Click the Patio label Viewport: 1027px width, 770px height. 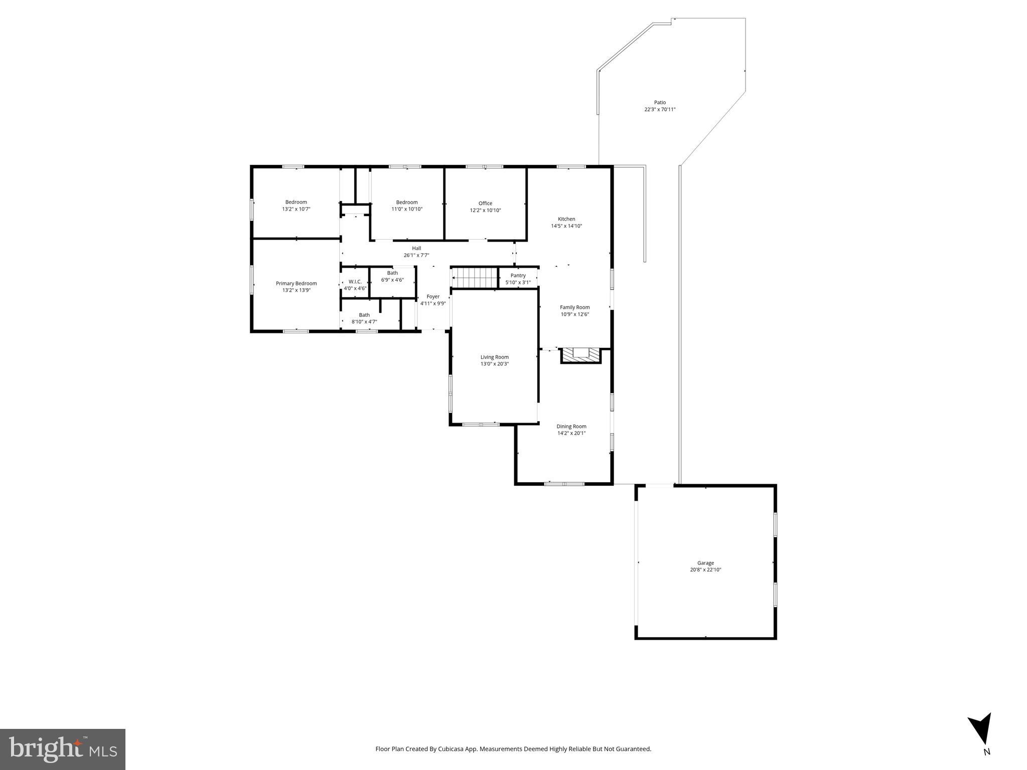[x=660, y=102]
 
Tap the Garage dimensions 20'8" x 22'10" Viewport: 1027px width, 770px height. [x=705, y=569]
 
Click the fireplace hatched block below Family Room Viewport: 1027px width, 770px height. [x=580, y=355]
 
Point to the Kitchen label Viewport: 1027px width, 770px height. [x=566, y=219]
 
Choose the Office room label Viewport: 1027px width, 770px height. [x=485, y=203]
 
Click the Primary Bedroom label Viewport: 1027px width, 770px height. [x=296, y=283]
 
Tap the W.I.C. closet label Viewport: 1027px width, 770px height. [x=355, y=282]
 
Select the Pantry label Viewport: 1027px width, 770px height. [x=518, y=275]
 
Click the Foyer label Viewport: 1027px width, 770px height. [x=432, y=296]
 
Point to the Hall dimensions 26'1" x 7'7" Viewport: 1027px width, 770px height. [x=416, y=255]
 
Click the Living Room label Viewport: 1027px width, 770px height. [x=494, y=357]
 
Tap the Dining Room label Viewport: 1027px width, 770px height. [x=571, y=426]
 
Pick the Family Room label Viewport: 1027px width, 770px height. [x=574, y=307]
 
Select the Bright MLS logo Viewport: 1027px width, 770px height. [x=63, y=749]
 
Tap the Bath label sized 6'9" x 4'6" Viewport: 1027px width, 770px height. [x=392, y=273]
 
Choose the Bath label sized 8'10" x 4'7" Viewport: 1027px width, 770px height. [x=364, y=315]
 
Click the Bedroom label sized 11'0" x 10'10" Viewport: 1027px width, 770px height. [x=406, y=202]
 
